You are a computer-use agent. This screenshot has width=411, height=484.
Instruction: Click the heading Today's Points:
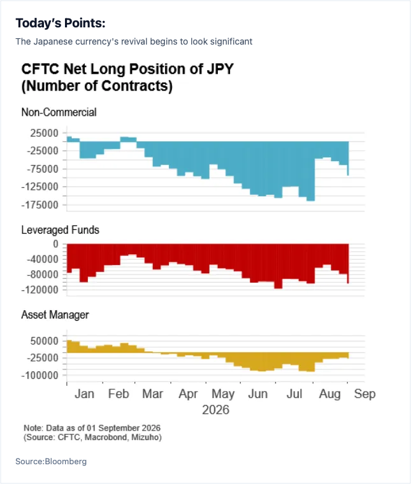click(61, 23)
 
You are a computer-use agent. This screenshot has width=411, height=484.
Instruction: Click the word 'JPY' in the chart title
click(220, 69)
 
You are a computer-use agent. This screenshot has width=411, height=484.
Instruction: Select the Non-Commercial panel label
click(59, 112)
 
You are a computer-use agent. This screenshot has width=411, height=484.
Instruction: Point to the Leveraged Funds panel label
click(60, 230)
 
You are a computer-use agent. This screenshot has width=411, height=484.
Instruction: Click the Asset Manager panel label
click(55, 315)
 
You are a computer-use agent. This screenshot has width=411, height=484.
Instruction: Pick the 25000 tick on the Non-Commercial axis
click(44, 133)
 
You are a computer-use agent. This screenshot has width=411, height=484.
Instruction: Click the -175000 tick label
click(40, 205)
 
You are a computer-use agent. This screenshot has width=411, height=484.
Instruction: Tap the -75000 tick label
click(42, 169)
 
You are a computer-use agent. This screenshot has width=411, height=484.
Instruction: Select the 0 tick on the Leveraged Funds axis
click(55, 244)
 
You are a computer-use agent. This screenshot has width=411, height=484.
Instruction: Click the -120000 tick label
click(40, 290)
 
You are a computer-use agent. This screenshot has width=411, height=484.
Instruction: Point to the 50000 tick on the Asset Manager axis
click(45, 341)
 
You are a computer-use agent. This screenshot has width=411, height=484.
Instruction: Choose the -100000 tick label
click(40, 376)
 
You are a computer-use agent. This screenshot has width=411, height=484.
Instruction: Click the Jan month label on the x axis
click(84, 394)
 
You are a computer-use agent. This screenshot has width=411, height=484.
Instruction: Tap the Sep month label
click(364, 394)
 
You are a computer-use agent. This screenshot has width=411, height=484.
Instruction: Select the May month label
click(223, 394)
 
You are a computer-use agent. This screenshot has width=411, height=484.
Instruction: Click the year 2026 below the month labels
click(215, 410)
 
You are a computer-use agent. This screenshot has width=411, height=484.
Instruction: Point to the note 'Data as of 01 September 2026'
click(103, 428)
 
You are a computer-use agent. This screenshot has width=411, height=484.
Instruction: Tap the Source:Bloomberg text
click(51, 462)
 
